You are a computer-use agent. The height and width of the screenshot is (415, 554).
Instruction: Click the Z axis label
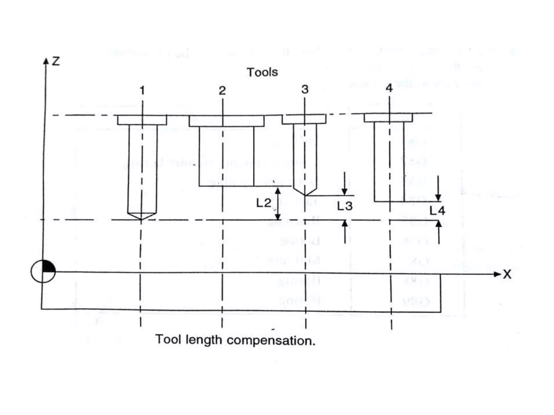click(x=56, y=61)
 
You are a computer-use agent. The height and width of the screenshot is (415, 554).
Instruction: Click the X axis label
click(x=507, y=275)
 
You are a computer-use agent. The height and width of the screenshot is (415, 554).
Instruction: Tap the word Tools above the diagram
click(x=262, y=72)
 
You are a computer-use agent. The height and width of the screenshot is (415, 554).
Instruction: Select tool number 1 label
click(x=142, y=90)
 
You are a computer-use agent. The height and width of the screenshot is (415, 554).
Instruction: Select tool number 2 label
click(x=222, y=91)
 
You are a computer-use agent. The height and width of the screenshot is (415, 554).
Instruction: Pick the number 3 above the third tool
click(x=305, y=89)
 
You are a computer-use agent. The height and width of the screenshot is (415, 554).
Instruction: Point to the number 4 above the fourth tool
click(x=389, y=88)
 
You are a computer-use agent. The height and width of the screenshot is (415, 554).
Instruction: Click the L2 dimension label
click(x=263, y=203)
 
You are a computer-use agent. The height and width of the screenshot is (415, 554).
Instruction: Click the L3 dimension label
click(x=345, y=206)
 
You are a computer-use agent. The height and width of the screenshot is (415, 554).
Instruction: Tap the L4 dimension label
click(x=437, y=210)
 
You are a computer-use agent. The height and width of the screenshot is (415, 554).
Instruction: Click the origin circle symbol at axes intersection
click(x=43, y=271)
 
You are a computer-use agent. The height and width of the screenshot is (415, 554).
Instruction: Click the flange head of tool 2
click(x=226, y=121)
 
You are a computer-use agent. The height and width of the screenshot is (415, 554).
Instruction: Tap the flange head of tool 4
click(x=388, y=118)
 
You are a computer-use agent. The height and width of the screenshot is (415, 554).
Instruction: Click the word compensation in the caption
click(x=271, y=340)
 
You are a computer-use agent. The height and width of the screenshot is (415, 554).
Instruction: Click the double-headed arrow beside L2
click(x=278, y=204)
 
